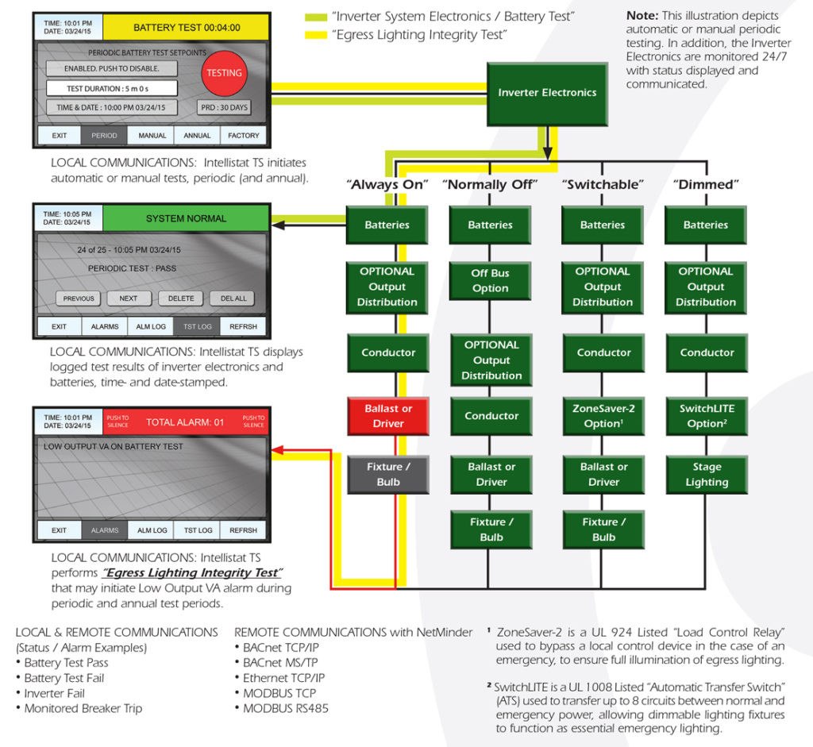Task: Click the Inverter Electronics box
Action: pyautogui.click(x=546, y=93)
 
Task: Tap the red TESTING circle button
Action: pyautogui.click(x=224, y=73)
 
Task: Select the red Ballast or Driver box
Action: pyautogui.click(x=388, y=416)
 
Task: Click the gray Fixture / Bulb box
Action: pyautogui.click(x=388, y=474)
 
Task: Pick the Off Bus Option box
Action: pyautogui.click(x=490, y=280)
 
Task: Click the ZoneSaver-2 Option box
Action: pyautogui.click(x=603, y=416)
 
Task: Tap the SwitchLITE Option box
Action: pyautogui.click(x=706, y=416)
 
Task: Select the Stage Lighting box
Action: pyautogui.click(x=706, y=474)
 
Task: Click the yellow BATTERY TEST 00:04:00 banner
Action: pyautogui.click(x=186, y=27)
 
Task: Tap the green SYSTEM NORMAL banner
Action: pyautogui.click(x=186, y=218)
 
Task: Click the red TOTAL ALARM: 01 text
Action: pyautogui.click(x=185, y=422)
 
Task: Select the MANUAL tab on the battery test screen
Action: pyautogui.click(x=152, y=136)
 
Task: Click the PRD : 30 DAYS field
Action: pyautogui.click(x=223, y=107)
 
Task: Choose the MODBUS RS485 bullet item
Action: pyautogui.click(x=285, y=708)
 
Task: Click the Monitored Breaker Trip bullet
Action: pyautogui.click(x=83, y=708)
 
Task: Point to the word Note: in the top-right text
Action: pyautogui.click(x=642, y=16)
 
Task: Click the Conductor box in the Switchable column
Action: pyautogui.click(x=603, y=352)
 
